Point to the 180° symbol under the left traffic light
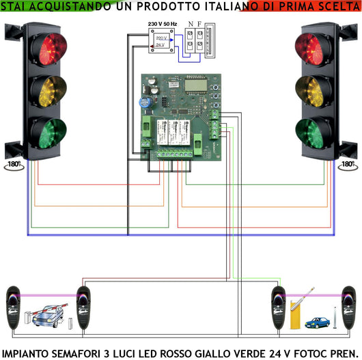pyautogui.click(x=14, y=165)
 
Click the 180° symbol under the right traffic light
pyautogui.click(x=347, y=165)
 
